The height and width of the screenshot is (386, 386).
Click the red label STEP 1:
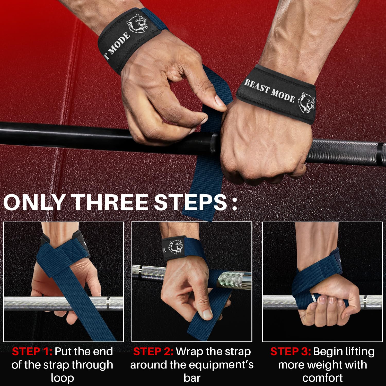[32, 352]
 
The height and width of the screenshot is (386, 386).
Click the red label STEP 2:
[153, 352]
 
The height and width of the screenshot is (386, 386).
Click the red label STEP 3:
[291, 352]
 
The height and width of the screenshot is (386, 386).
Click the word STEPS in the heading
[190, 203]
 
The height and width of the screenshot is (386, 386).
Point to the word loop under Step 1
[63, 378]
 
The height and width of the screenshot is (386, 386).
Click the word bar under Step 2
[192, 378]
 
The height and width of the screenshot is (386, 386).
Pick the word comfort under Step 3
[322, 378]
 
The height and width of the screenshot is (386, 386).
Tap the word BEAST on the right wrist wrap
[257, 86]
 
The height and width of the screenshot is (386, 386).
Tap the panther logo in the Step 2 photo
[176, 246]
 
